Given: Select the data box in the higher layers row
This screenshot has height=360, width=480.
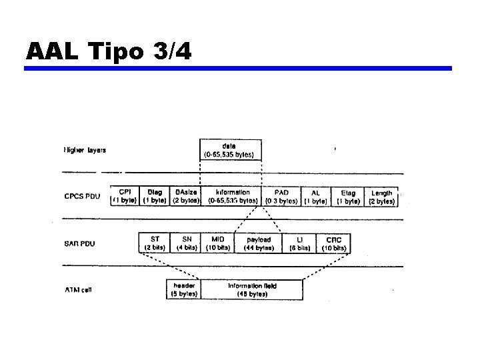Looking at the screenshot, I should (231, 150).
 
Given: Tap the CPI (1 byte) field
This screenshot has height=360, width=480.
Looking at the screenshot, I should (124, 196).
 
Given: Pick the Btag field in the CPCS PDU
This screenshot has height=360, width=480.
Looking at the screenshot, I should (155, 196).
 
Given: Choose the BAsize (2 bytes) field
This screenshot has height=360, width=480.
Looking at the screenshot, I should (186, 196).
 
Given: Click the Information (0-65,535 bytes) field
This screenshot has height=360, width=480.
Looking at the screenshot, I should (233, 196).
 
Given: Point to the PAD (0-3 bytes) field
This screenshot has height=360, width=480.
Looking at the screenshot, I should (281, 196).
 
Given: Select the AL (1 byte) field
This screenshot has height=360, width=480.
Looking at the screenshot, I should (315, 196).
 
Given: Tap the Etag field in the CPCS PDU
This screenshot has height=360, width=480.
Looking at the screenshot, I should (348, 196).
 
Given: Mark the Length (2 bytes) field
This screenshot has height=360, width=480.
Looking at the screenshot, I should (381, 196).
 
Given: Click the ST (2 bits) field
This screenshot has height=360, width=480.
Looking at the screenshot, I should (155, 243).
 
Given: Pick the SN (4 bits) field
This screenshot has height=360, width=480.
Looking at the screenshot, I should (186, 243).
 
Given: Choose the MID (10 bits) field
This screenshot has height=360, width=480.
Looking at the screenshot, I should (217, 243).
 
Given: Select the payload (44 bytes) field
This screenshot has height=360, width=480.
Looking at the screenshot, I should (258, 243).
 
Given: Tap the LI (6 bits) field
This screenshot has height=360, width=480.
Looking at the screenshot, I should (299, 243).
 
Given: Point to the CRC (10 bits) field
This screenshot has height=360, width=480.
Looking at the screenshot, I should (334, 243).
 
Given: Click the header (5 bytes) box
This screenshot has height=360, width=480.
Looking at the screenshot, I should (183, 289).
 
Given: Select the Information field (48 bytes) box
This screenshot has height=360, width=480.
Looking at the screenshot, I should (252, 289).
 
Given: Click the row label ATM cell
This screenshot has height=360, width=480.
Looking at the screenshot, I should (78, 290).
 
